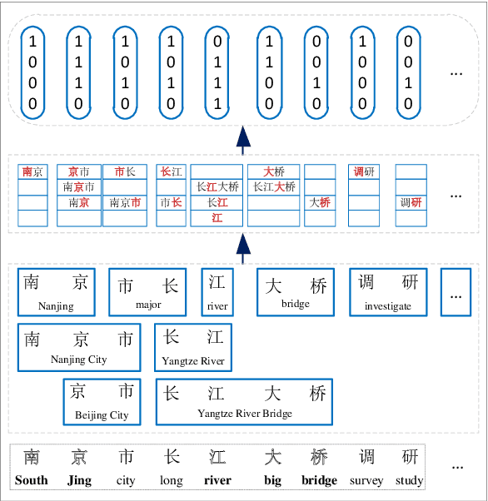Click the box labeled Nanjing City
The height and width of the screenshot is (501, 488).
[x=80, y=347]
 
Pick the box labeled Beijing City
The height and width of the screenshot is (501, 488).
[x=102, y=402]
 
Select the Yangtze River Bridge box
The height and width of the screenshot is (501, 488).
[x=244, y=402]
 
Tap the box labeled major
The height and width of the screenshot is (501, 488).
[x=148, y=292]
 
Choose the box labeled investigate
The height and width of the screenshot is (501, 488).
[x=387, y=292]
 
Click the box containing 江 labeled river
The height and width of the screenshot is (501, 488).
[x=217, y=291]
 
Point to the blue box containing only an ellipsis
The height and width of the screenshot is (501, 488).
[x=456, y=292]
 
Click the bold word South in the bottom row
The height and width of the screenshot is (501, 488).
[x=31, y=480]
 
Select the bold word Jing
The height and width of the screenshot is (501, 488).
[x=79, y=480]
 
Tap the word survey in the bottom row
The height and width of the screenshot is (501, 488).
[x=366, y=480]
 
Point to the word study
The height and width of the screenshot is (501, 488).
[x=410, y=480]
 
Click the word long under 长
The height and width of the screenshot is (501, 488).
[x=172, y=480]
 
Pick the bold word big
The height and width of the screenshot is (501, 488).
[x=273, y=480]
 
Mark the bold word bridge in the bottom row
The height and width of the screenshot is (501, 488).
[x=319, y=480]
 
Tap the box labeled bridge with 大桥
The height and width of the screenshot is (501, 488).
[x=296, y=291]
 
